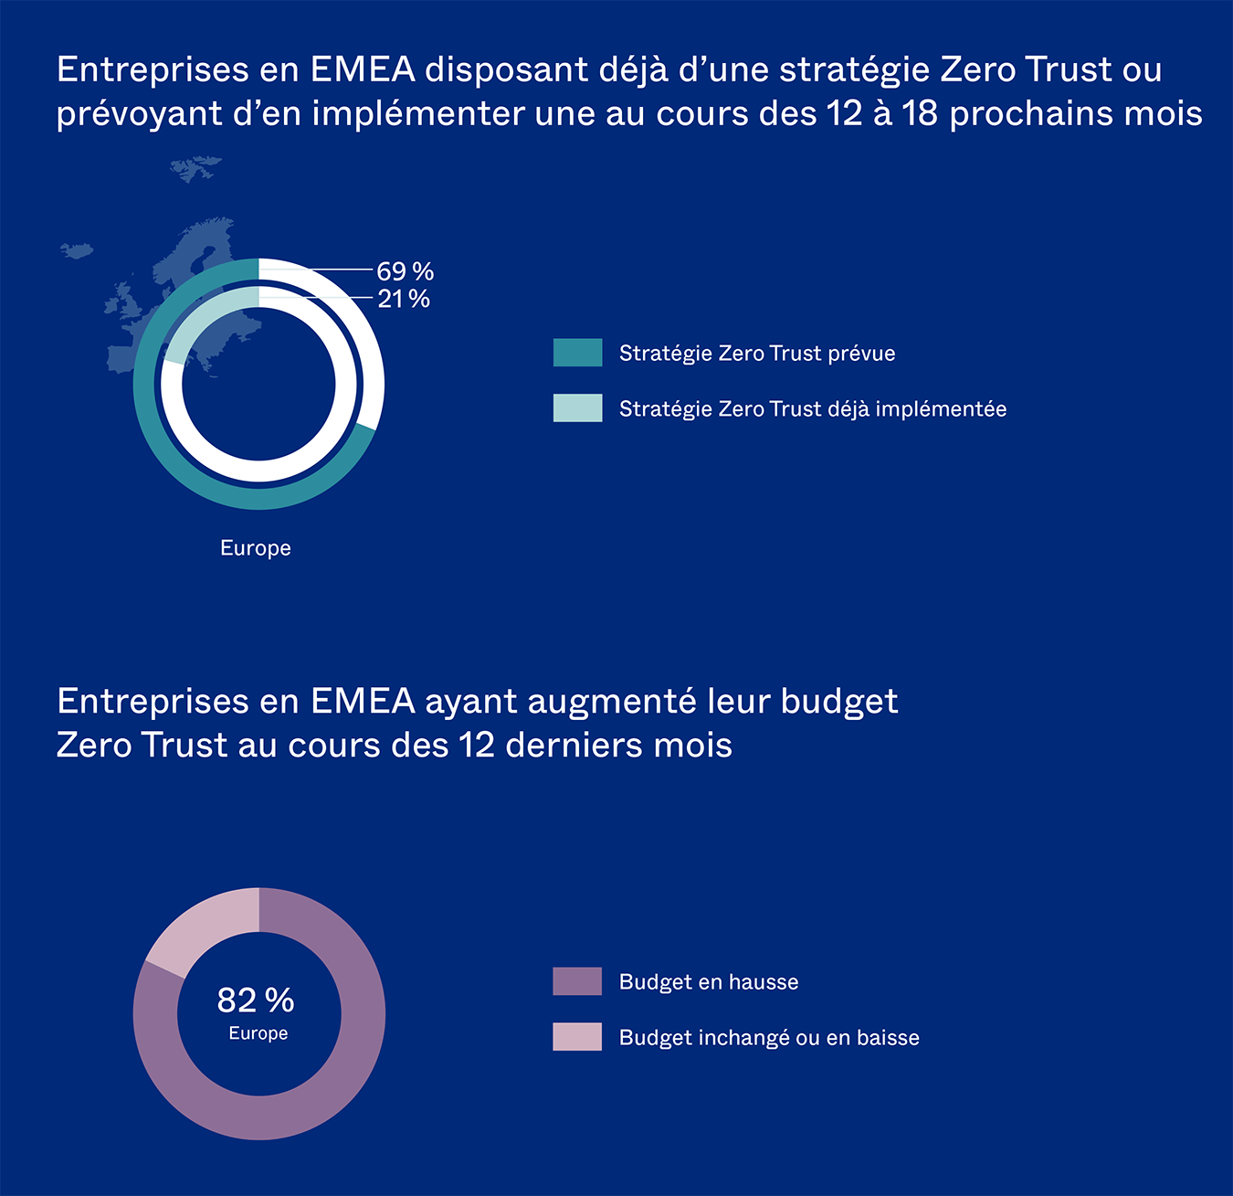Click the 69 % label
[405, 271]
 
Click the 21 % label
[404, 299]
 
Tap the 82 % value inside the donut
[256, 1000]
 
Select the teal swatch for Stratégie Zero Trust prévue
[577, 353]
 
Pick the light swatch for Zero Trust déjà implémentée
[577, 407]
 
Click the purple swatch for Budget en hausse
[577, 981]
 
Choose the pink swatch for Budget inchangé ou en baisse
[577, 1037]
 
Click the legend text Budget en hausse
[709, 982]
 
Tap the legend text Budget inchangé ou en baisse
[769, 1038]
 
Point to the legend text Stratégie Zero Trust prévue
[757, 354]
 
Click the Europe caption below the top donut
[256, 548]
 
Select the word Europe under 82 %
[258, 1033]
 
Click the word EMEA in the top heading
[363, 69]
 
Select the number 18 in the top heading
[921, 113]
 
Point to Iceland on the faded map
[77, 249]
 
